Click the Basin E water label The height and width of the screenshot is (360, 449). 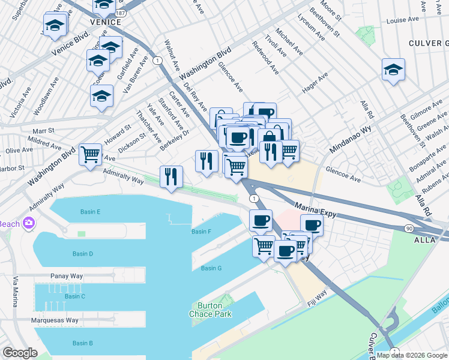click(90, 212)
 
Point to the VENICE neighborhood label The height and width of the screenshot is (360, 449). click(105, 22)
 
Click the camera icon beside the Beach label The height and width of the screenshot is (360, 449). click(28, 224)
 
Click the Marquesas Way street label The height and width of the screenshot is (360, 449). click(55, 320)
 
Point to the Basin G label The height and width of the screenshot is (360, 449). click(211, 268)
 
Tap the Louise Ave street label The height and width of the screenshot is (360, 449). click(402, 20)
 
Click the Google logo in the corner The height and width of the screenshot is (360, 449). click(20, 353)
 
